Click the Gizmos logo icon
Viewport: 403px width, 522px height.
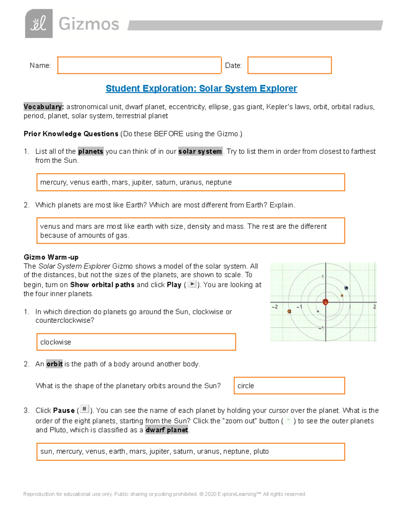pyautogui.click(x=39, y=24)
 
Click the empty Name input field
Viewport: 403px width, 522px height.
pyautogui.click(x=139, y=65)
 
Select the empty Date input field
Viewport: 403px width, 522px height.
pyautogui.click(x=289, y=65)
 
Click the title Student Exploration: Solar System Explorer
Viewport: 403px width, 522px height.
pyautogui.click(x=201, y=88)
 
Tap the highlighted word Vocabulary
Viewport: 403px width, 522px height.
pyautogui.click(x=43, y=107)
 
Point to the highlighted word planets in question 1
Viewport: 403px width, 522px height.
pyautogui.click(x=91, y=152)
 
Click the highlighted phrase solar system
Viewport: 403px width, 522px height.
pyautogui.click(x=200, y=152)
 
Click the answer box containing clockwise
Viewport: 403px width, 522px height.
pyautogui.click(x=136, y=342)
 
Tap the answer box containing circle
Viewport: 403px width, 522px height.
pyautogui.click(x=289, y=386)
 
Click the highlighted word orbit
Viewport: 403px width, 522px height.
pyautogui.click(x=54, y=364)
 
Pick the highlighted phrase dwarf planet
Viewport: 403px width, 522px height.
pyautogui.click(x=167, y=430)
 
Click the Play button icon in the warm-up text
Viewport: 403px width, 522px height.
pyautogui.click(x=192, y=284)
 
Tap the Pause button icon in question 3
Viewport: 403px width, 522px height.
pyautogui.click(x=84, y=409)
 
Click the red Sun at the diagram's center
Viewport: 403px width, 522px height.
pyautogui.click(x=325, y=302)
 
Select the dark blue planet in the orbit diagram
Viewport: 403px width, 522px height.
pyautogui.click(x=346, y=288)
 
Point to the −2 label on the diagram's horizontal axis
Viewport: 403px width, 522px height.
pyautogui.click(x=274, y=307)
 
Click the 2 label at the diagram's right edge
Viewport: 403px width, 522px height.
pyautogui.click(x=374, y=307)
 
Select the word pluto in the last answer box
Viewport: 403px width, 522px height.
pyautogui.click(x=261, y=451)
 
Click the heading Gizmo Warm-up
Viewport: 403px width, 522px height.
pyautogui.click(x=51, y=257)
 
